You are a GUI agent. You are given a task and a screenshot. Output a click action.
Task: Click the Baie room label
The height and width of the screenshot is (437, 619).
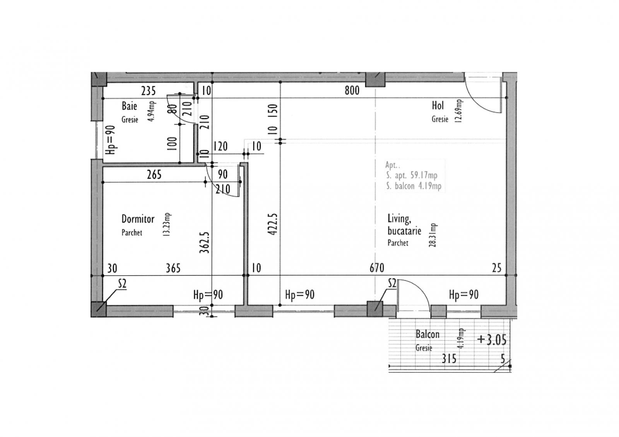click(129, 106)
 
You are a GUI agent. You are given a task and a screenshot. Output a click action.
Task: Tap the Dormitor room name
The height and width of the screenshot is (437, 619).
click(138, 219)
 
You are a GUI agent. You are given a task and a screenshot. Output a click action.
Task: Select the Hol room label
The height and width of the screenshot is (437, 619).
click(438, 105)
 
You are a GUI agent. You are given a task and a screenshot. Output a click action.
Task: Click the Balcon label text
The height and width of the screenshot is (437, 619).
click(427, 334)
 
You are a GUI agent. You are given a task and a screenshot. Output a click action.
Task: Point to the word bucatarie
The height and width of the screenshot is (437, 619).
click(404, 231)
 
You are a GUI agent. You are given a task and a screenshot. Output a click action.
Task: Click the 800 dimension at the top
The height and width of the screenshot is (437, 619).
click(352, 91)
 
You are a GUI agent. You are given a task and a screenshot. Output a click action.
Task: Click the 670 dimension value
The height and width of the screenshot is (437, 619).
click(376, 268)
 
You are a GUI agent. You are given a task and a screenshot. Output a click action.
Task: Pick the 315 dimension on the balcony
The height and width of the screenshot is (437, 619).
click(449, 359)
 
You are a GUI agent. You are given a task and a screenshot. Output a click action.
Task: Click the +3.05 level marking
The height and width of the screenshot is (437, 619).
click(492, 340)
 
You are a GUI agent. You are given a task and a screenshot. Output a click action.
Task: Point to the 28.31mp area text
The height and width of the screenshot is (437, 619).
click(433, 235)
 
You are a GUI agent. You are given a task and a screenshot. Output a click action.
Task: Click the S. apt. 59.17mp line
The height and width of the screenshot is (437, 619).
click(412, 175)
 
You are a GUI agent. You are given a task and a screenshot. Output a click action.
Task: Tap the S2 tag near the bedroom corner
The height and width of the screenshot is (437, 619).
click(122, 284)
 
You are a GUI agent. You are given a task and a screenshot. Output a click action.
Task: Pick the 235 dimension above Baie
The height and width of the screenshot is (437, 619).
click(148, 91)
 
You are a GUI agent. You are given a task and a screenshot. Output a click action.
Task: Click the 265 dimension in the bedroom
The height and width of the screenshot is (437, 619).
click(154, 175)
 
